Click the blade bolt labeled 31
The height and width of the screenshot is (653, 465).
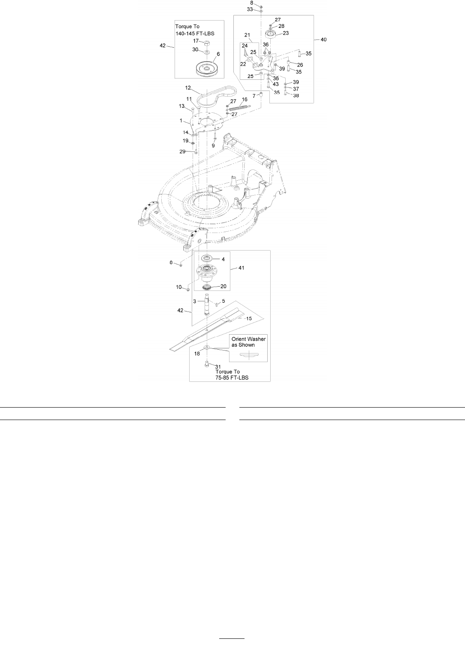(206, 365)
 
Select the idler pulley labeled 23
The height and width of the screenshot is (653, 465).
(271, 35)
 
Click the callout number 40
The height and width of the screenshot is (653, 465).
(323, 39)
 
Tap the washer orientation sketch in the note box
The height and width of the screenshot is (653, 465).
(248, 354)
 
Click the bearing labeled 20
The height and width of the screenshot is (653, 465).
(206, 286)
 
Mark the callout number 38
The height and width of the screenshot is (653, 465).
(296, 96)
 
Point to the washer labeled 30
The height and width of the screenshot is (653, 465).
(206, 52)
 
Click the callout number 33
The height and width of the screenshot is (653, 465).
(250, 9)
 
